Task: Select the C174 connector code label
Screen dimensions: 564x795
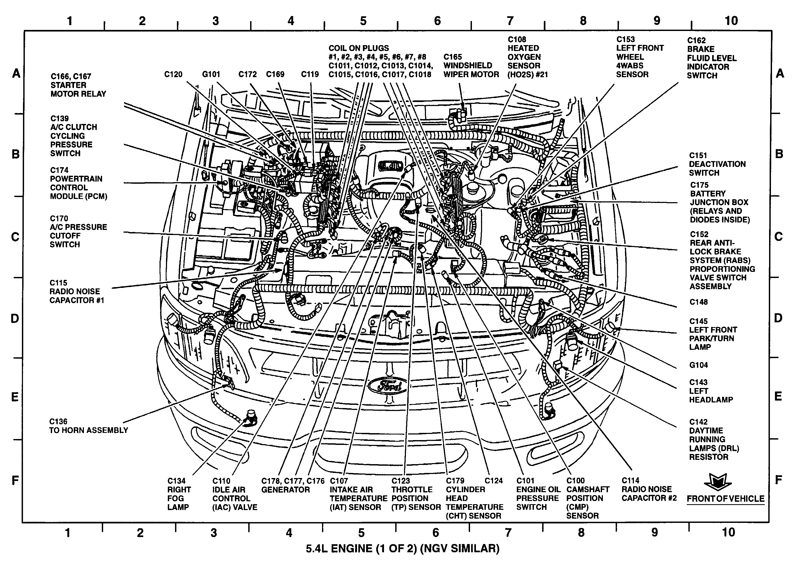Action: pos(59,170)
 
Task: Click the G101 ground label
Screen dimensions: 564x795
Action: pos(211,74)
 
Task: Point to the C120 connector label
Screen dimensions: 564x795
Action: pos(173,74)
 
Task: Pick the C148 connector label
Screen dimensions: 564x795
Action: pos(699,302)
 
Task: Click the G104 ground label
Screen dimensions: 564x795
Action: pos(699,365)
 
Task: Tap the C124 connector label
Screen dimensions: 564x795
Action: pos(494,481)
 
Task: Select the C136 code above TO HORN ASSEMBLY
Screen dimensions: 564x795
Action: pos(58,422)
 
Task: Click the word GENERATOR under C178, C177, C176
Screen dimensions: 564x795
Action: pos(285,490)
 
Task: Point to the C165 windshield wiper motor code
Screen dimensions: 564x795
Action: pos(453,57)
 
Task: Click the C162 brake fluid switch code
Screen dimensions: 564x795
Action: pos(696,40)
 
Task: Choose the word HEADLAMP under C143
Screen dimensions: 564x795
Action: pos(711,400)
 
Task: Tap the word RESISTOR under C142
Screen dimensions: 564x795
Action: pos(708,457)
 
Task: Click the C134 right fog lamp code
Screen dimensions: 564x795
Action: pos(177,481)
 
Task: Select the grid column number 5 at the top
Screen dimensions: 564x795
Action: pos(363,21)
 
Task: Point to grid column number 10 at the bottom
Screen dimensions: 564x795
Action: pos(728,532)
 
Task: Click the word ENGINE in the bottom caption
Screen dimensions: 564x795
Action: pos(352,549)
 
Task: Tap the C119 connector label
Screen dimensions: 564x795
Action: pos(310,74)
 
